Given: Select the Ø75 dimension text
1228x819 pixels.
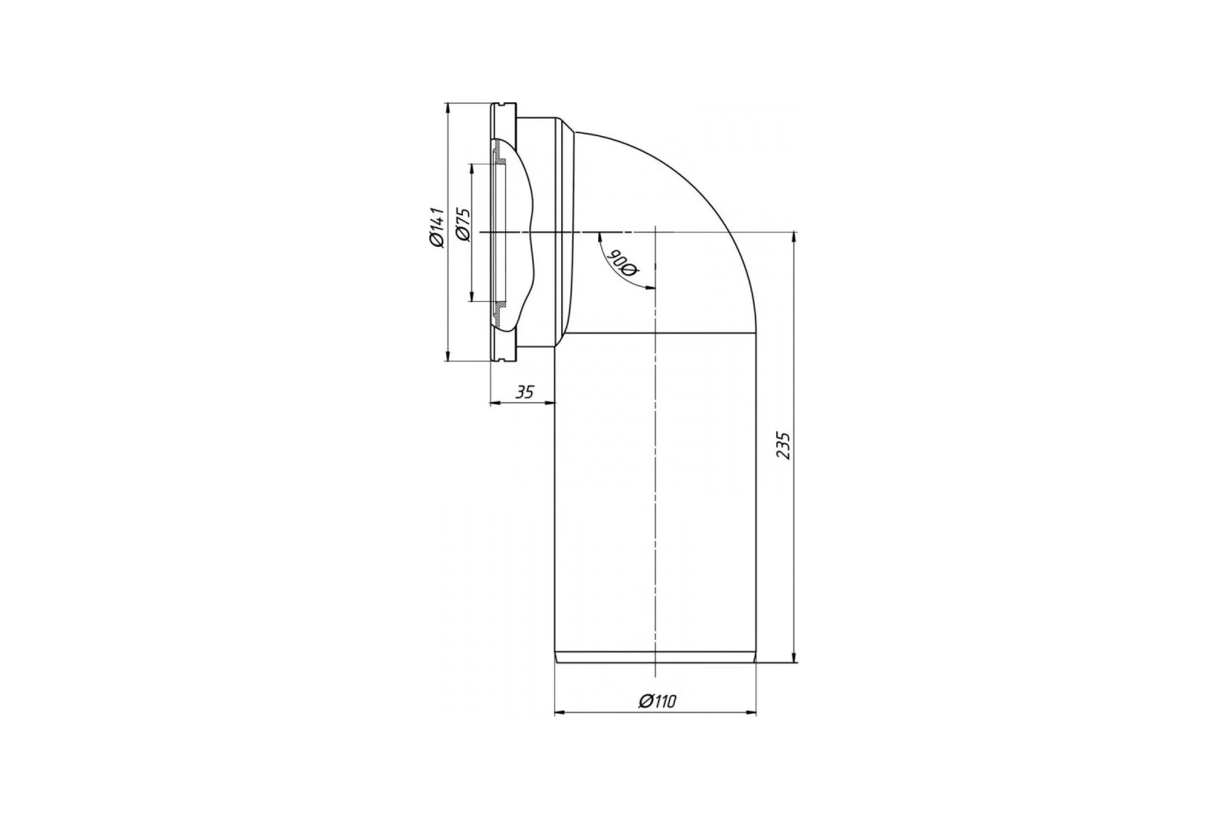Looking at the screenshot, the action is pos(463,225).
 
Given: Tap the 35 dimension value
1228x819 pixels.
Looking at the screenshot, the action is pos(525,392).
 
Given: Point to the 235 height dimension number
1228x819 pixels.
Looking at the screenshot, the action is pos(783,445).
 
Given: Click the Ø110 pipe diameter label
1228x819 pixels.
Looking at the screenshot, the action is pos(657,701).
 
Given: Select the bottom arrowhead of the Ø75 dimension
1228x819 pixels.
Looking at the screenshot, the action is pos(472,296).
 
